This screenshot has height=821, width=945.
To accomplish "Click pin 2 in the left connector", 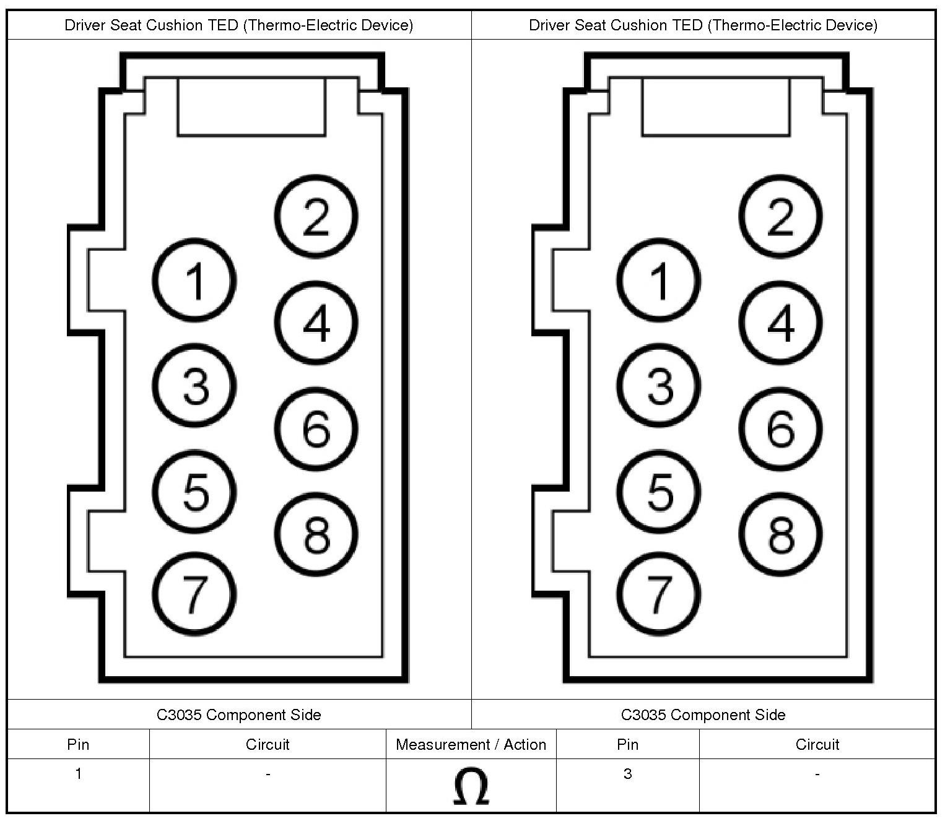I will point(316,216).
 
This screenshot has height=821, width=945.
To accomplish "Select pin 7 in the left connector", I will point(194,594).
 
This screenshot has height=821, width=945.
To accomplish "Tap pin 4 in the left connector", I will point(316,323).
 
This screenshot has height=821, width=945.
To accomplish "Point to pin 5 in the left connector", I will point(194,492).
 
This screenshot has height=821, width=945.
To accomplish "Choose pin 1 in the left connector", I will point(194,280).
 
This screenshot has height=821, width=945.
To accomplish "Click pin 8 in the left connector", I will point(316,534).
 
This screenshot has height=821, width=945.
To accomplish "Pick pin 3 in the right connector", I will point(659,385).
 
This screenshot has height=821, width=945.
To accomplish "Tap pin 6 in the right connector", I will point(780,428).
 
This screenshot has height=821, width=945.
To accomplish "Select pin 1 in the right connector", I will point(659,280).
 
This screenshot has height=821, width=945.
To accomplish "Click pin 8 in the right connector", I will point(780,534).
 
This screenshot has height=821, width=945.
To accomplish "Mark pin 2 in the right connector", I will point(780,216).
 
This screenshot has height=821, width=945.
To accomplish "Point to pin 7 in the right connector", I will point(659,594).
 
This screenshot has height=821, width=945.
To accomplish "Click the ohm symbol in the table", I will point(471,786).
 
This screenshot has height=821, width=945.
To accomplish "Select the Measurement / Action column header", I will point(471,744).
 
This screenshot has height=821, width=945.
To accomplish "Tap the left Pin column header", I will point(78,744).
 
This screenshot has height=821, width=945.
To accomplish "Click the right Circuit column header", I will point(817,744).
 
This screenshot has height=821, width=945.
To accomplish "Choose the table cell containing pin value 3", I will point(627,774).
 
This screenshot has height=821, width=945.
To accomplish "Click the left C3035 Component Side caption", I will point(239,715).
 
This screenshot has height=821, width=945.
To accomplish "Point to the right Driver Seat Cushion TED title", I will point(703,25).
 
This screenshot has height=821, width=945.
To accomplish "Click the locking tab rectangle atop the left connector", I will point(251,106).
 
